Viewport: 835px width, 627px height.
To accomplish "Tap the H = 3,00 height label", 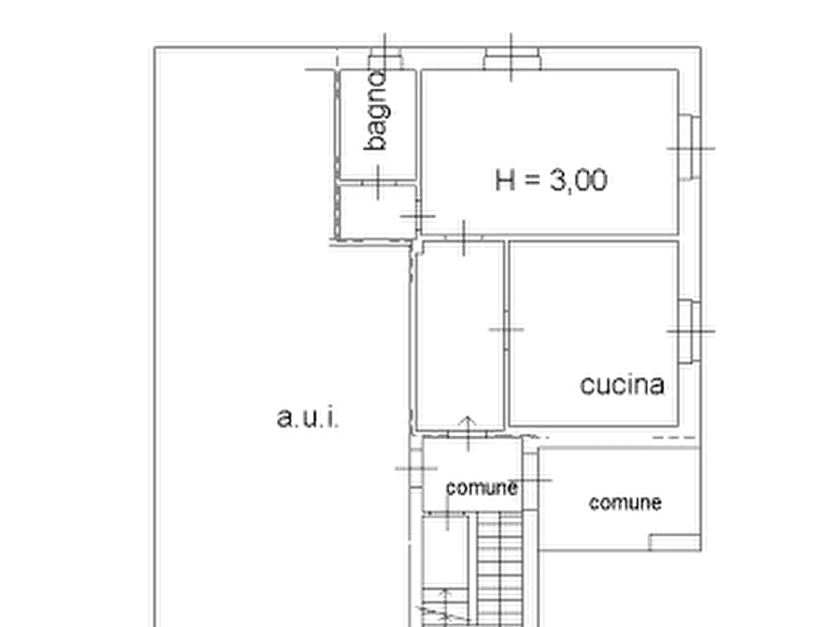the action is point(551,181).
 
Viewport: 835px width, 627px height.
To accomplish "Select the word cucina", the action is point(622,385).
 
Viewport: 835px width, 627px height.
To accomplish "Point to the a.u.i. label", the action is point(308,417).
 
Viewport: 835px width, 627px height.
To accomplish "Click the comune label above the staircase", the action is point(482,488).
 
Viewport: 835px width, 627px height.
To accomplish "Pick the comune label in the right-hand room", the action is point(626,503).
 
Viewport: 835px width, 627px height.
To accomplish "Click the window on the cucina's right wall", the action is point(690,331).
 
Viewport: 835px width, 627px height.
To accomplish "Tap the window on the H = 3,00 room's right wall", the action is point(690,148).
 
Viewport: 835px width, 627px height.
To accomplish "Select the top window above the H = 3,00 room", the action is point(511,59).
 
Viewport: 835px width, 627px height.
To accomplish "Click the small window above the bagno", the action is point(385,59).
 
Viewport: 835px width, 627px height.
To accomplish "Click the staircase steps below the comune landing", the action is point(499,569).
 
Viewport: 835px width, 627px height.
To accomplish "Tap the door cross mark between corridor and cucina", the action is point(506,330).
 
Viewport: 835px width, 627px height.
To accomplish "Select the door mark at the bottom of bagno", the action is point(378,182).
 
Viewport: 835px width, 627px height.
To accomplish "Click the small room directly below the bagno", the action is point(378,211).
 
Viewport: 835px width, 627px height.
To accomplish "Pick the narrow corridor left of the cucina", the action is point(459,335).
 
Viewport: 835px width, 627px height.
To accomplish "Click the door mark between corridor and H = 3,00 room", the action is point(464,238).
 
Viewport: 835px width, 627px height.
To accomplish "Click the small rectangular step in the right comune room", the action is point(674,542).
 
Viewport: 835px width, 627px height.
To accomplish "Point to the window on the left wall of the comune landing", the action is point(416,469).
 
